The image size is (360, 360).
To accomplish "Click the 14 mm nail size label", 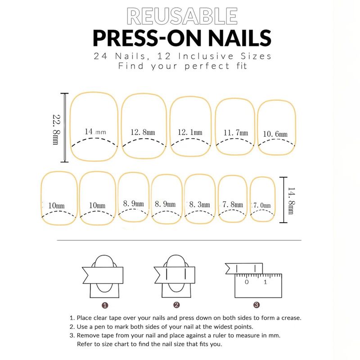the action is pos(95,131).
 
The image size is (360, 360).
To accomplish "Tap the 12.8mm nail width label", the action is pos(143,132).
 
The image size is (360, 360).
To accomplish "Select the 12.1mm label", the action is pos(190,132).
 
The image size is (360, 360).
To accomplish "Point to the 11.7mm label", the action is pos(236,133).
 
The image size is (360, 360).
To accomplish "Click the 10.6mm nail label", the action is pos(275,134).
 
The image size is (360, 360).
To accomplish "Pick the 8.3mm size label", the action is pos(199,204).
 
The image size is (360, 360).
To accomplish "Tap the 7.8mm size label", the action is pos(233,204).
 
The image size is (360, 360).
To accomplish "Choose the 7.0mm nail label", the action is pos(262,205).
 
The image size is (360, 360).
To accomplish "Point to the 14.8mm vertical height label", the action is pos(291,201).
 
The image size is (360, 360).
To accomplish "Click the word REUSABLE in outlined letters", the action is pos(182,16).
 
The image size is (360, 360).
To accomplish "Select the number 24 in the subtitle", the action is pos(100,56).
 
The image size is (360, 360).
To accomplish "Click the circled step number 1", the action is pos(105,306).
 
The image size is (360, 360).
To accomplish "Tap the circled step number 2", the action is pos(176,305).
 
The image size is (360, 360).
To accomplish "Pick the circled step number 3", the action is pos(256,305).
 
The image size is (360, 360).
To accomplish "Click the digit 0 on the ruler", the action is pos(247,282).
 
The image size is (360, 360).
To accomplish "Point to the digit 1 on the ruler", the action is pos(265,282).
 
